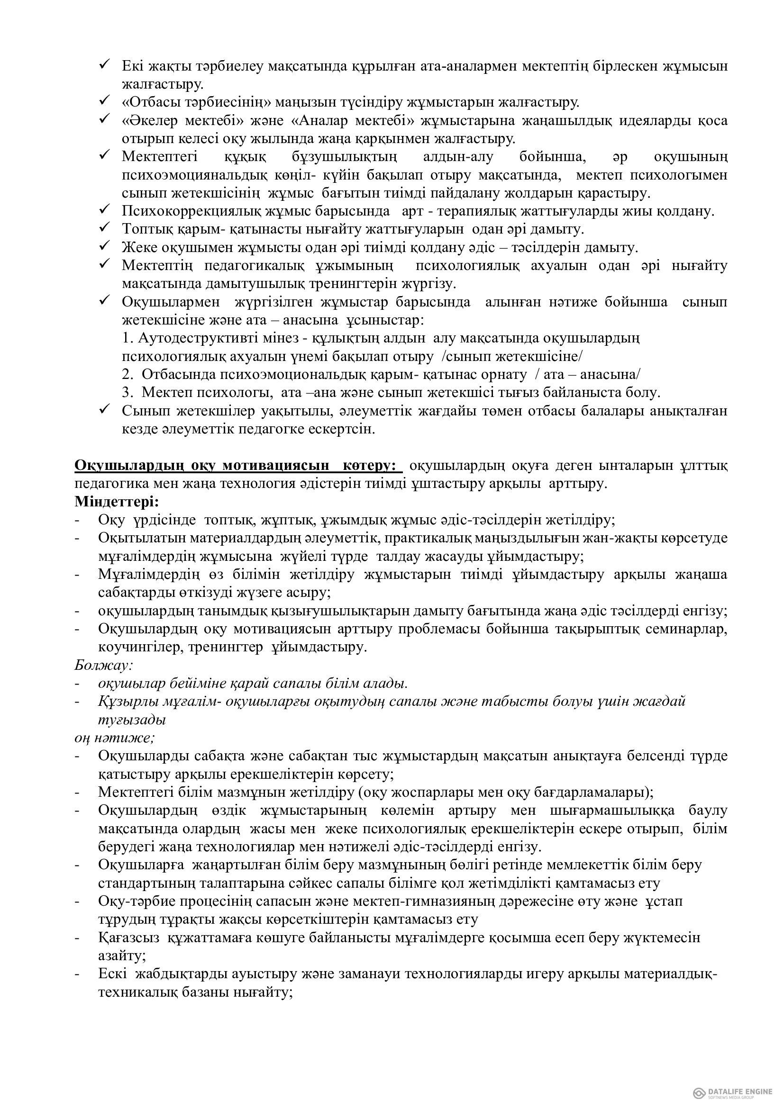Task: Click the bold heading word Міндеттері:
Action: click(116, 501)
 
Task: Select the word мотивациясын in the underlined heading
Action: click(277, 466)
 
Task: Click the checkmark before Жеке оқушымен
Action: click(105, 247)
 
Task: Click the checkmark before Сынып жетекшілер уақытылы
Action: click(105, 410)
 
